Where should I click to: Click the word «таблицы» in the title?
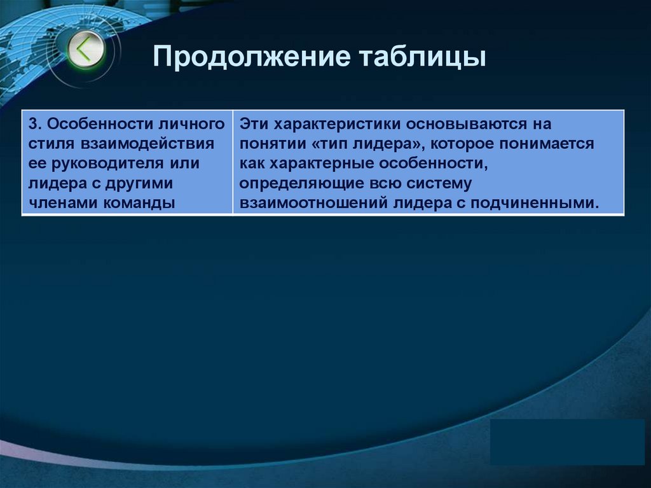click(x=424, y=58)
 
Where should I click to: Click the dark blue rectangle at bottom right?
click(x=567, y=442)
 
